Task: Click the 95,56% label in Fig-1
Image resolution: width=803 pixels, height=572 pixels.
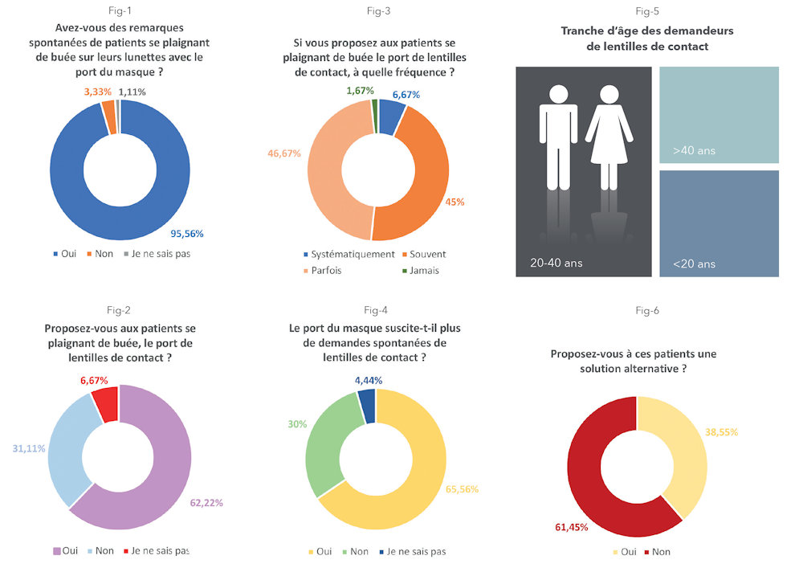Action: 187,234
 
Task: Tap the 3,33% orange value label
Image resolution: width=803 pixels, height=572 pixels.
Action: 99,92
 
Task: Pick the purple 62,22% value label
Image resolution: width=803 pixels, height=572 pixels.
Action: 207,503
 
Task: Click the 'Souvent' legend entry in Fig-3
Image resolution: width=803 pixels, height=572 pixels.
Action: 427,254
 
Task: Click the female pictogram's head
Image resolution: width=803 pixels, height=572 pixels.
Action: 609,90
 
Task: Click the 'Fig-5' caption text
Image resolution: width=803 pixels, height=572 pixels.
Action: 647,11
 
